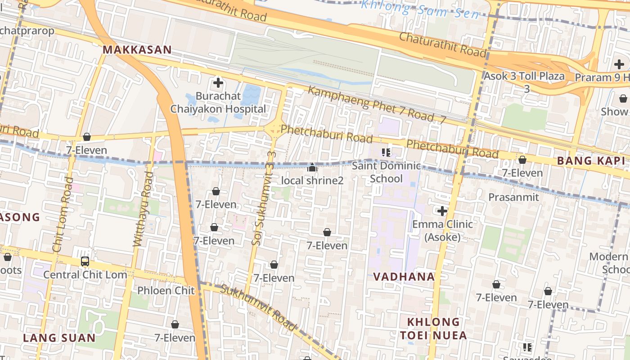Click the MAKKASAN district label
tap(137, 50)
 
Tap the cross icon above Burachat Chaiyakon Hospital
tap(218, 83)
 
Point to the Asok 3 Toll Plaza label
tap(524, 76)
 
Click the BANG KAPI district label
tap(593, 161)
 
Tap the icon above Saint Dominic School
tap(386, 152)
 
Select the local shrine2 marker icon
tap(312, 168)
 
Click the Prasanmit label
tap(513, 198)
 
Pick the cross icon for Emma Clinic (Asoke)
tap(442, 211)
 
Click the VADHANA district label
tap(404, 277)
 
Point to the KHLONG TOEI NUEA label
tap(434, 328)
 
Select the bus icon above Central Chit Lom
tap(85, 261)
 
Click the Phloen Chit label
tap(166, 291)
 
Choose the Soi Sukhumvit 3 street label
tap(264, 198)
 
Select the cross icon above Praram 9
tap(619, 64)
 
